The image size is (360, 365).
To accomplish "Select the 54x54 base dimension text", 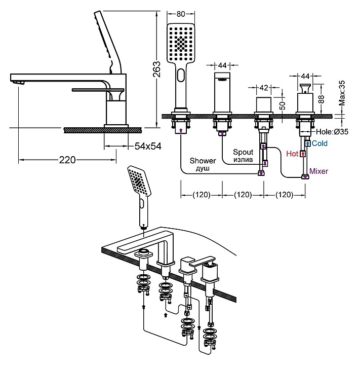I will [147, 146].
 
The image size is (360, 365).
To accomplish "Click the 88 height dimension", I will [321, 98].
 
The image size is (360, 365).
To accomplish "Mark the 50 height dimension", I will [283, 105].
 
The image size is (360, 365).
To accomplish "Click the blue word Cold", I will [319, 143].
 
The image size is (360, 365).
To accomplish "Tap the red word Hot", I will [292, 153].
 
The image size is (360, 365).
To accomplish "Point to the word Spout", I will [243, 152].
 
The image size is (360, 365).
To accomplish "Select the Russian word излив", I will [243, 159].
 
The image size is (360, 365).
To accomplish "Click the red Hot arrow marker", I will [303, 153].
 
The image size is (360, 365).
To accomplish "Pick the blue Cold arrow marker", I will [307, 143].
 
